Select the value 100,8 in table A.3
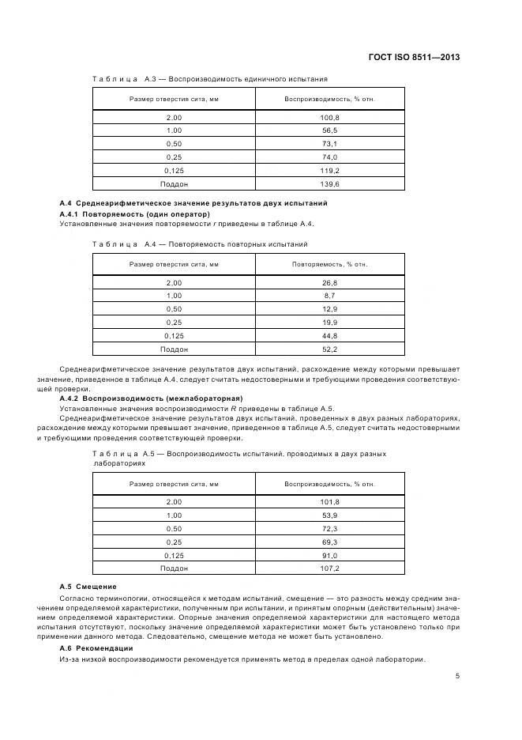point(329,117)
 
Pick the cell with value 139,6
point(329,183)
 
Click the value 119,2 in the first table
point(329,170)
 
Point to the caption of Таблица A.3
point(209,79)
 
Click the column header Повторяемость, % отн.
point(329,264)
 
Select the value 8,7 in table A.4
point(329,295)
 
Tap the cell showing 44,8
point(329,335)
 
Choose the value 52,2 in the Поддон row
point(329,349)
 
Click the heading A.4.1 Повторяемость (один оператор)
point(135,213)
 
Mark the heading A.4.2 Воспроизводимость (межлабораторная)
point(152,398)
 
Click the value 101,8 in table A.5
point(329,501)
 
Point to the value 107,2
point(329,568)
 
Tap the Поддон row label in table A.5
point(174,568)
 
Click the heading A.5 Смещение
point(88,586)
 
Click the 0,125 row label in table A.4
point(174,335)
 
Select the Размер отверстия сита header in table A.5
point(174,483)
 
